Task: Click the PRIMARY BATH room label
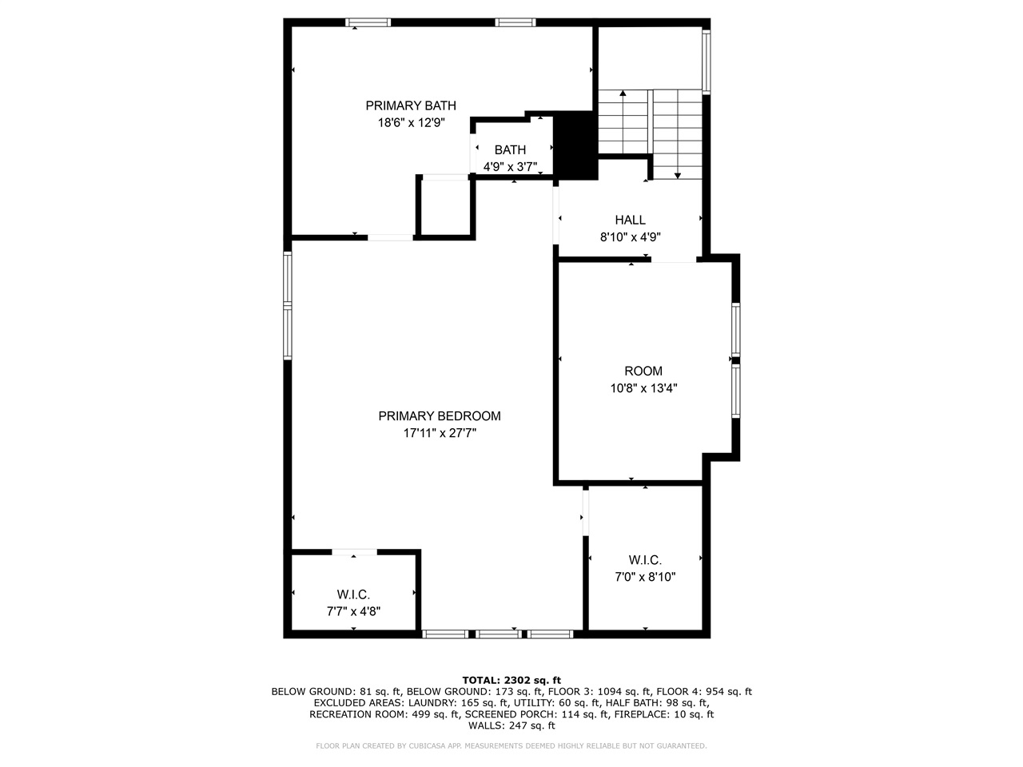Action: click(411, 105)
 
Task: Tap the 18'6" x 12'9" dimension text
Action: click(411, 123)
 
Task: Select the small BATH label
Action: click(510, 150)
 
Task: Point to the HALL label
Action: click(630, 221)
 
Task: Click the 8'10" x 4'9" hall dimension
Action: click(630, 237)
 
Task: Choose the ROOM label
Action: click(643, 371)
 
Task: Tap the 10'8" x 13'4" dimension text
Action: click(643, 388)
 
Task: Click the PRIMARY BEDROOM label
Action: click(440, 416)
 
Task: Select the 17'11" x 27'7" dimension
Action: click(440, 434)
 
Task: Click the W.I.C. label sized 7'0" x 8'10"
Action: click(645, 560)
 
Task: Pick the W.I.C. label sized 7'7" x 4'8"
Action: click(353, 594)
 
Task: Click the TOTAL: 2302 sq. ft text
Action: click(511, 680)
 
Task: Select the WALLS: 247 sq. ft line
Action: click(511, 725)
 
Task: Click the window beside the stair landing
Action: click(706, 62)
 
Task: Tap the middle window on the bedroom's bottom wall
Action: click(499, 634)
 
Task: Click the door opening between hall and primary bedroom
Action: click(555, 213)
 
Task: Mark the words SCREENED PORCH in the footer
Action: click(507, 714)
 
